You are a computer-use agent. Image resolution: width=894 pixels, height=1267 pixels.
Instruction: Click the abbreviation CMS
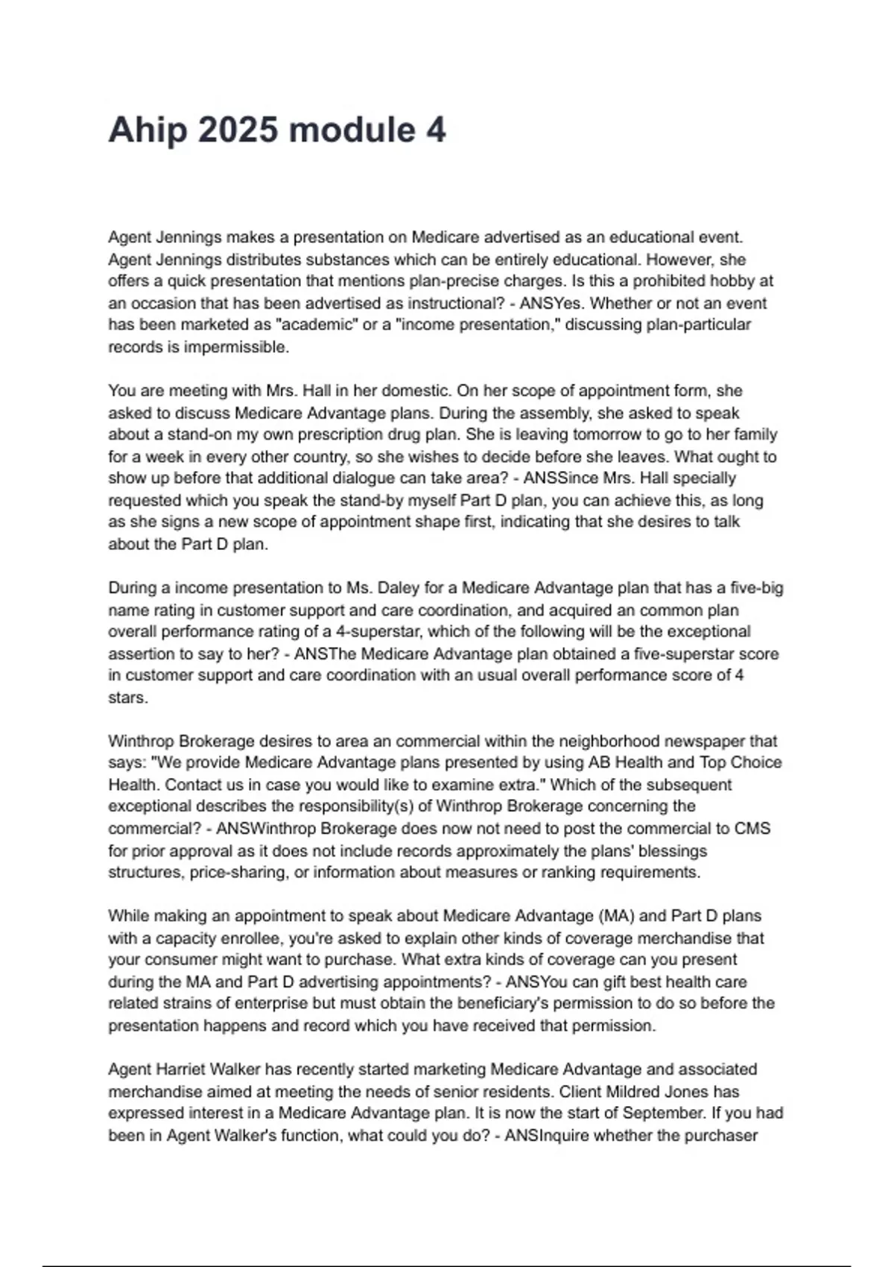752,829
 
